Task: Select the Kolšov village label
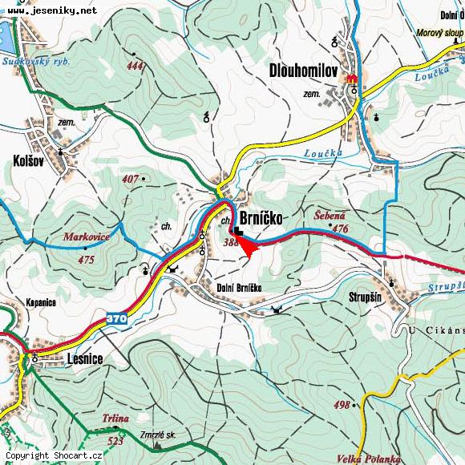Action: pyautogui.click(x=28, y=160)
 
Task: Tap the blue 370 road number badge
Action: pyautogui.click(x=116, y=319)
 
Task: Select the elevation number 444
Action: pyautogui.click(x=135, y=67)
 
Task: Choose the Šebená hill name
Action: pyautogui.click(x=329, y=216)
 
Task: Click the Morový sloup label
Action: pyautogui.click(x=439, y=34)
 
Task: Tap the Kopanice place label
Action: pyautogui.click(x=40, y=303)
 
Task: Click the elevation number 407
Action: pyautogui.click(x=131, y=179)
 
